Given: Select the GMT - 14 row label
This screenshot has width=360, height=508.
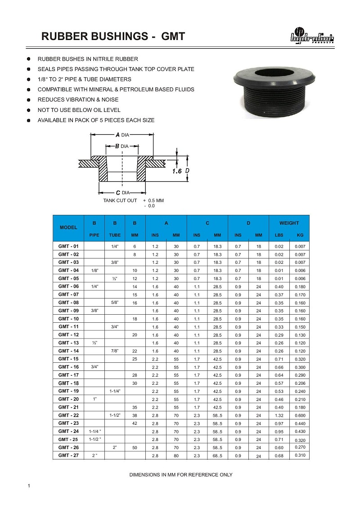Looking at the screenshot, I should tap(68, 351).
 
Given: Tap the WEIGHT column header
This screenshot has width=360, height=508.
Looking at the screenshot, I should tap(289, 223).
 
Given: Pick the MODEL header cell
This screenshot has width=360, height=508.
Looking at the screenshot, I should tap(68, 228).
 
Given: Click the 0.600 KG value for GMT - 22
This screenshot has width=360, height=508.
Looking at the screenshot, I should tap(300, 415).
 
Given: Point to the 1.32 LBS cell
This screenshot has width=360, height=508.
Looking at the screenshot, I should tap(279, 415).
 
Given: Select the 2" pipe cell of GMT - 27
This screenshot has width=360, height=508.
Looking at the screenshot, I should tap(94, 456).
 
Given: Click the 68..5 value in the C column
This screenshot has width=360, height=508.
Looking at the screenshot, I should tap(218, 456).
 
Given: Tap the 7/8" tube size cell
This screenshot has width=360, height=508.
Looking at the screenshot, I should tap(115, 351).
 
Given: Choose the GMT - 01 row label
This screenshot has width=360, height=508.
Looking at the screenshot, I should tap(68, 246).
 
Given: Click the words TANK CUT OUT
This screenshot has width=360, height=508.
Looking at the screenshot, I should tap(120, 201).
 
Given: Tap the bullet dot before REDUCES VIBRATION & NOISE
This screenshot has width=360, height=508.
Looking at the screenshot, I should tap(29, 100).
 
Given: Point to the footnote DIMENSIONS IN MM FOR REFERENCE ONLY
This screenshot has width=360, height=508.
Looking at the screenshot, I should tap(181, 475).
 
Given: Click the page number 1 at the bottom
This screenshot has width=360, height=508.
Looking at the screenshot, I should tap(29, 486).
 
